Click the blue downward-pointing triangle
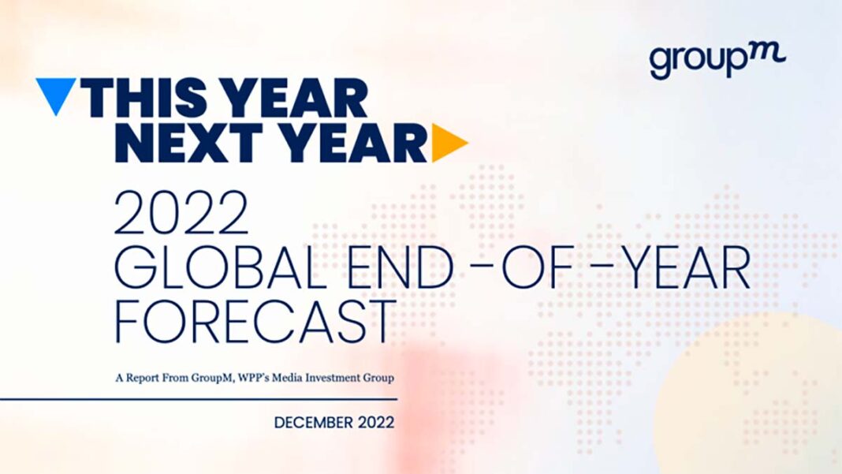pos(55,92)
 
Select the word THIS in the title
pos(145,98)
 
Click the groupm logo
pos(717,60)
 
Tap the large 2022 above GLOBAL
pos(182,212)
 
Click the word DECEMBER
pos(314,423)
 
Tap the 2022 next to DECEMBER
pos(376,423)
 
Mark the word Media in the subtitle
pos(287,378)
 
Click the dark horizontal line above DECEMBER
pos(199,399)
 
